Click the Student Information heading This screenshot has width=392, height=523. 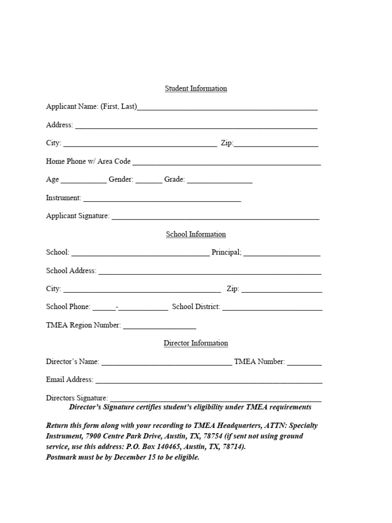click(x=195, y=88)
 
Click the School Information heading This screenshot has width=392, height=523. click(x=195, y=234)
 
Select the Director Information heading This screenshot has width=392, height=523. click(x=195, y=343)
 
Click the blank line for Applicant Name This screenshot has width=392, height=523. click(x=227, y=108)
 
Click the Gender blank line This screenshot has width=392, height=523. click(x=149, y=181)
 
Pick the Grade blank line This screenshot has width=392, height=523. click(x=219, y=181)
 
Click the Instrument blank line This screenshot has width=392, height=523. click(x=162, y=200)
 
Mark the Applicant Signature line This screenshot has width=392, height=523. click(x=215, y=218)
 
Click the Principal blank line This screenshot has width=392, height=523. click(x=282, y=254)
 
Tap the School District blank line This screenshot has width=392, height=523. click(x=272, y=309)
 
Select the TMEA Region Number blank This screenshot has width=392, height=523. click(x=159, y=327)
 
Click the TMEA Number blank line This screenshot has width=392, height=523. click(x=304, y=364)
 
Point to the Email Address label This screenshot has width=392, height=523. click(x=69, y=379)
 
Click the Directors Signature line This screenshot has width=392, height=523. click(x=215, y=400)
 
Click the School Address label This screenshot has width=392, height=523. click(x=71, y=271)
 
